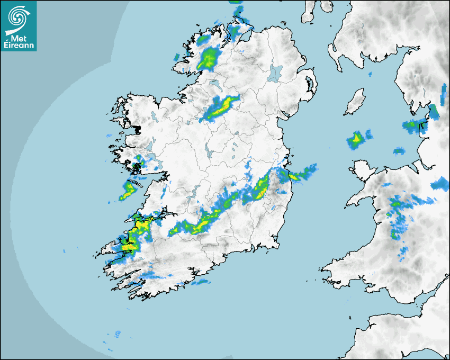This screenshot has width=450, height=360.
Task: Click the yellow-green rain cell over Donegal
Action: click(x=209, y=57)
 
